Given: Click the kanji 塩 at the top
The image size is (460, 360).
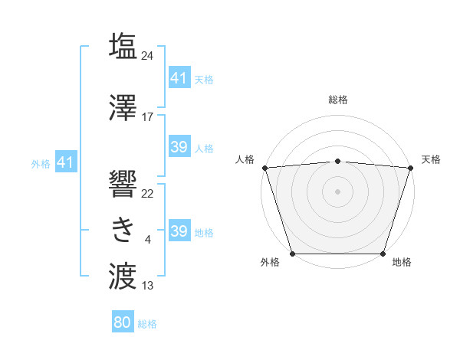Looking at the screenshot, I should click(123, 45).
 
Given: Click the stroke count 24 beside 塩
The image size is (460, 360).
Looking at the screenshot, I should click(148, 55).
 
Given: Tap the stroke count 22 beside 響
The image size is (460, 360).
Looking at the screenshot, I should click(148, 193).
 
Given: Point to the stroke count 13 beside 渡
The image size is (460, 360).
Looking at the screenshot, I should click(148, 286).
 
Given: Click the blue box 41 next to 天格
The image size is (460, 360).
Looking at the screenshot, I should click(179, 78).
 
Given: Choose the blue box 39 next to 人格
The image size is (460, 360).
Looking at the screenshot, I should click(179, 147).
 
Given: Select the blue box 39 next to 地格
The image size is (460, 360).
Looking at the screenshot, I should click(179, 231).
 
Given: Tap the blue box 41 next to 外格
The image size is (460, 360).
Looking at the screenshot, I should click(66, 162).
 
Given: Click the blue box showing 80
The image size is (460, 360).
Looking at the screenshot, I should click(123, 322).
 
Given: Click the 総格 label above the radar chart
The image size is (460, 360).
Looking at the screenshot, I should click(337, 100).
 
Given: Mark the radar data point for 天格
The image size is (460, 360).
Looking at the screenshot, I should click(410, 168).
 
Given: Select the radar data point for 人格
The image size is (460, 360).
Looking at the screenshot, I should click(264, 168).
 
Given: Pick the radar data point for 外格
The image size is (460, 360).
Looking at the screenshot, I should click(292, 254).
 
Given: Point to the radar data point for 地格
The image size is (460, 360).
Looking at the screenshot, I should click(383, 254).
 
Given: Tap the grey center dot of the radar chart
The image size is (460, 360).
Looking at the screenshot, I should click(337, 191).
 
